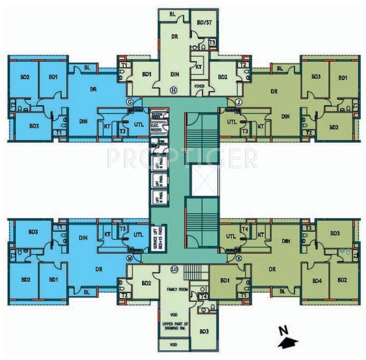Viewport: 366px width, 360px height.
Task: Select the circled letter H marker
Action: tap(173, 90)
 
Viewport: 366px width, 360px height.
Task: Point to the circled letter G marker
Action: tap(130, 102)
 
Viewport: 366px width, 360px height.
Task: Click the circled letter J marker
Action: tap(239, 102)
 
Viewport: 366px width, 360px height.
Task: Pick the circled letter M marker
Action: tap(130, 258)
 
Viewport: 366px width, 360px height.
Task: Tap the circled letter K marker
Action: tap(239, 258)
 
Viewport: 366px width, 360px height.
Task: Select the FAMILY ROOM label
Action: tap(174, 289)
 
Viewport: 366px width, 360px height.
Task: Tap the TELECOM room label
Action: tap(156, 116)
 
